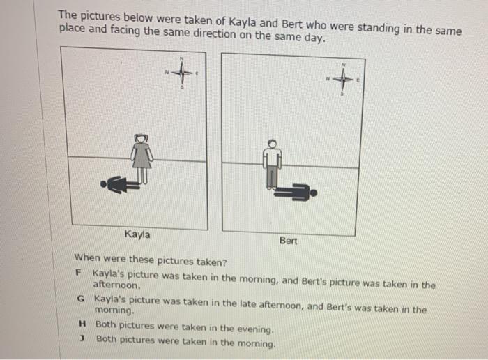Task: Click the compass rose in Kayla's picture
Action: (x=182, y=73)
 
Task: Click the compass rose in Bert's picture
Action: (x=343, y=80)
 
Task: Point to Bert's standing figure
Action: (x=273, y=164)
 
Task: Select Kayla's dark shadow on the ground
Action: (x=120, y=185)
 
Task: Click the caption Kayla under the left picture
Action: (x=137, y=234)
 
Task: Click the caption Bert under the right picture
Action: (x=288, y=241)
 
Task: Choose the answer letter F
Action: (x=78, y=273)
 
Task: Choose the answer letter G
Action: (x=81, y=299)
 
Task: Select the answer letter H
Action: (x=82, y=324)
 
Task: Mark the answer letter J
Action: (x=82, y=338)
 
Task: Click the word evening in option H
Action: (x=255, y=329)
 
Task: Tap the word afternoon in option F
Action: (x=116, y=285)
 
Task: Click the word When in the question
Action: (x=87, y=258)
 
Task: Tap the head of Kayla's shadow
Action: (x=103, y=184)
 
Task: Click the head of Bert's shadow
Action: (x=314, y=193)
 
